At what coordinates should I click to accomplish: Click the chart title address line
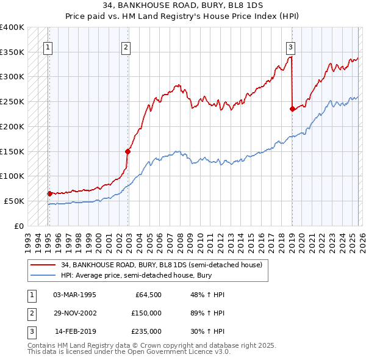183,6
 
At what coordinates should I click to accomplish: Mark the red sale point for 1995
49,193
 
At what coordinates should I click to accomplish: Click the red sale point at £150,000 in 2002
128,151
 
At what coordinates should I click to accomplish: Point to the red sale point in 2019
292,109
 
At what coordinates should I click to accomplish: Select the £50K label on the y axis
15,201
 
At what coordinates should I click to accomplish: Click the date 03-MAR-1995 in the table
74,295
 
